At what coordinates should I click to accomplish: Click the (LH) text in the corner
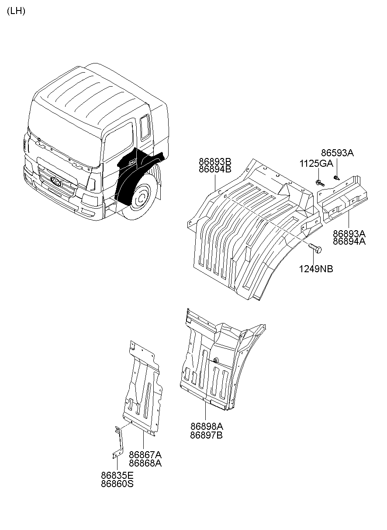pyautogui.click(x=16, y=11)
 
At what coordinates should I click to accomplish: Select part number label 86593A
pyautogui.click(x=337, y=153)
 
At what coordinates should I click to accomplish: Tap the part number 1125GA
pyautogui.click(x=316, y=163)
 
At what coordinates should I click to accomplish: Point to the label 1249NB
pyautogui.click(x=316, y=269)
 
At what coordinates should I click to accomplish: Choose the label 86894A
pyautogui.click(x=349, y=241)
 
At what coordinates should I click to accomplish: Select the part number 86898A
pyautogui.click(x=206, y=426)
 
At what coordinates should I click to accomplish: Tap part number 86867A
pyautogui.click(x=145, y=454)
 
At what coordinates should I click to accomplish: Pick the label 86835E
pyautogui.click(x=117, y=475)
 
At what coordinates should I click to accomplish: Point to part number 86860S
pyautogui.click(x=117, y=484)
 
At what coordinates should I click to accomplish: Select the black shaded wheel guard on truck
pyautogui.click(x=131, y=179)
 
